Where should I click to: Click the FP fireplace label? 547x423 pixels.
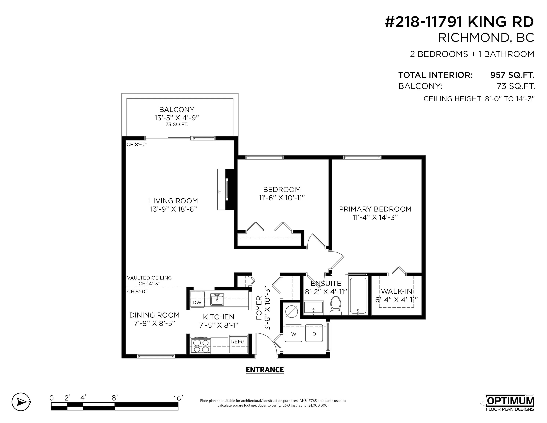point(221,192)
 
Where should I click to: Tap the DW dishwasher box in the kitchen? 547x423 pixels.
point(197,302)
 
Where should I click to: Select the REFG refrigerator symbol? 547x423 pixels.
point(238,342)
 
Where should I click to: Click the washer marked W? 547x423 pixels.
point(294,334)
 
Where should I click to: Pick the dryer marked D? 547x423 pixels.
point(314,334)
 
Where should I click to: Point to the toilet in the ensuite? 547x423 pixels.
point(336,306)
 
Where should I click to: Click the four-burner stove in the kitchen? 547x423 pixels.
point(200,346)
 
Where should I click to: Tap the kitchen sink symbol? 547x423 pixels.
point(217,299)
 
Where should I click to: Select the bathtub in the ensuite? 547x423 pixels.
point(358,296)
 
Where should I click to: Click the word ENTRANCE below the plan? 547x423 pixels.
point(265,370)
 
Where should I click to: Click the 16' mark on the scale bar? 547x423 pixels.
point(178,398)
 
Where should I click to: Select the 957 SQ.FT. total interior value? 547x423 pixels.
point(512,75)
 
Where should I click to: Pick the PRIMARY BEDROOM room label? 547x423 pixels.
point(375,209)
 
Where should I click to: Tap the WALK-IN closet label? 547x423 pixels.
point(397,291)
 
